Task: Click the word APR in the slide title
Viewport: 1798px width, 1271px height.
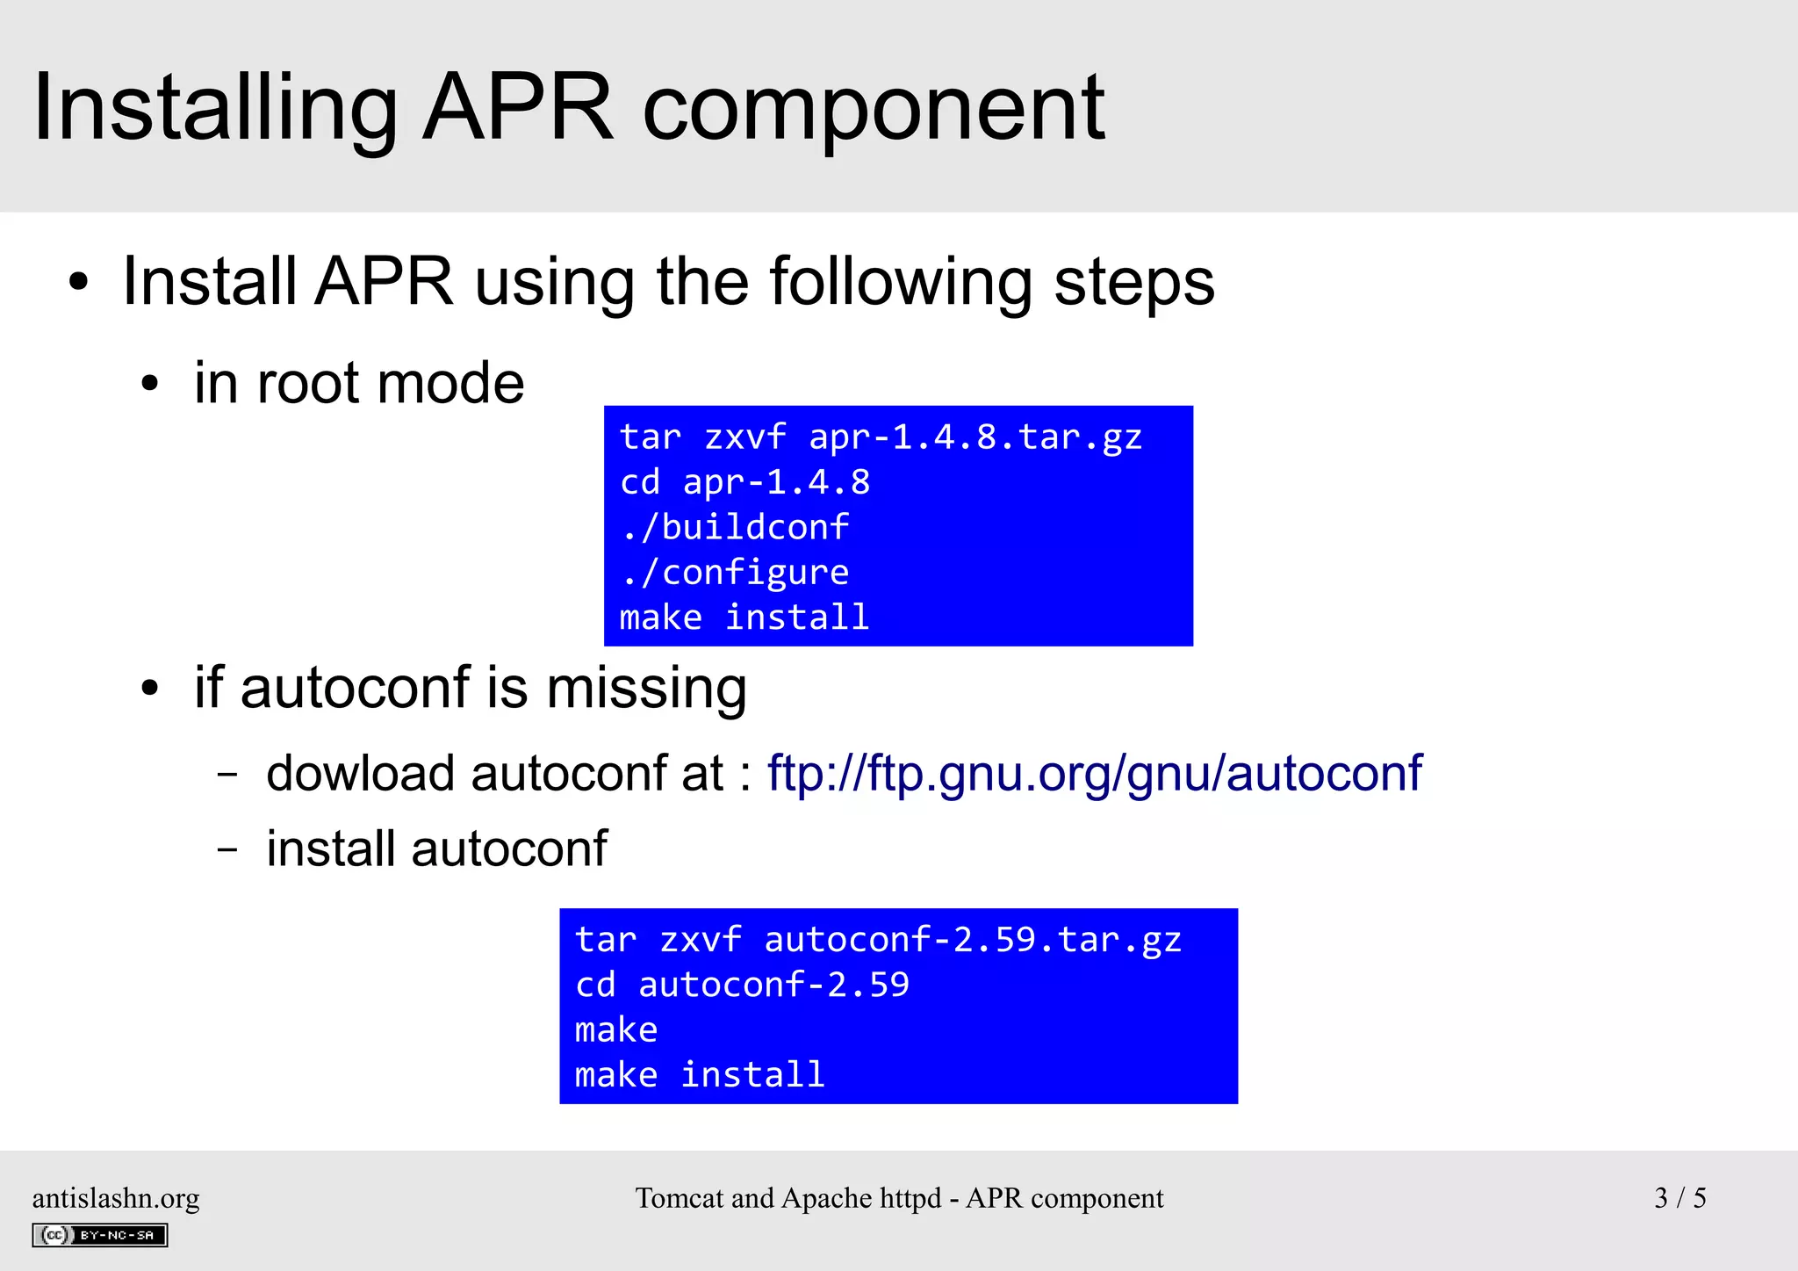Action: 518,107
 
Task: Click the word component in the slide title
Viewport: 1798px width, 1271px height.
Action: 874,111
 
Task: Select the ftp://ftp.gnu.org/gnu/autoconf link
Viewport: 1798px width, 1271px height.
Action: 1094,774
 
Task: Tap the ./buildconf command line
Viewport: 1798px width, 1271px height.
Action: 735,527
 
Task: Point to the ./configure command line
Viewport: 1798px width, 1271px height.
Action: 735,573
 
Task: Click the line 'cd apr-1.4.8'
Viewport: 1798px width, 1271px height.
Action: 744,482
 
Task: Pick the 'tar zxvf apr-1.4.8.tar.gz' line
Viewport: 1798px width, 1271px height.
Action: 881,437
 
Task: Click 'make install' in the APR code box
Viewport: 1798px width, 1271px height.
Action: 744,617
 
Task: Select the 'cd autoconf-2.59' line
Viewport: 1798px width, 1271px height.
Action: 742,985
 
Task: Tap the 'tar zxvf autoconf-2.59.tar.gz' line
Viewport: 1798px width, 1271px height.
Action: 878,940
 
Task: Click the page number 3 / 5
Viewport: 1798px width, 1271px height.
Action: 1679,1198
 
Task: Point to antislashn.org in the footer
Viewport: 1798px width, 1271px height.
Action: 116,1198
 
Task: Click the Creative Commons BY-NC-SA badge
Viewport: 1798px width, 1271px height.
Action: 100,1235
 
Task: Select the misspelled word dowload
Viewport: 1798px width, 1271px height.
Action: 361,774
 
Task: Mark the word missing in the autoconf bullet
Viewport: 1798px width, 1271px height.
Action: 647,688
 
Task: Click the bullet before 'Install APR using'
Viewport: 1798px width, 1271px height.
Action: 79,283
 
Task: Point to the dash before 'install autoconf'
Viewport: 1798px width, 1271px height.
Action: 227,849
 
